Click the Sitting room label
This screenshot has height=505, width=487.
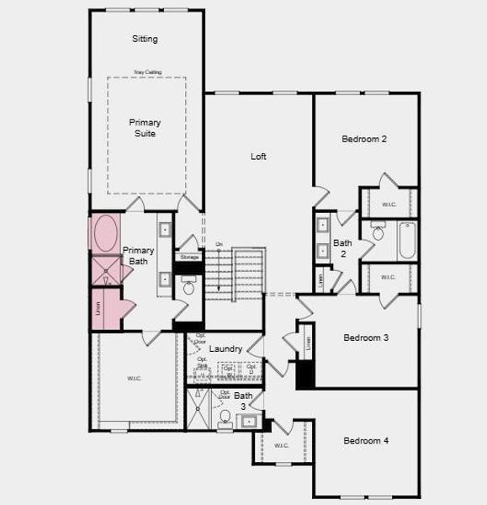pos(145,39)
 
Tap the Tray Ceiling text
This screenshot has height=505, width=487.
pos(147,72)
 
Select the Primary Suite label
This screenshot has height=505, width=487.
pos(145,128)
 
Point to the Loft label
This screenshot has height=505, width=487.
pos(258,156)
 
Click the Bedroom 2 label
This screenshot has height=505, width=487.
pos(364,139)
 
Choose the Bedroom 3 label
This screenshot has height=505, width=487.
pos(366,338)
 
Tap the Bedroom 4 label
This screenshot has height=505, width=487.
pos(366,441)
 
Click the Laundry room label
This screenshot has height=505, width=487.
pos(225,348)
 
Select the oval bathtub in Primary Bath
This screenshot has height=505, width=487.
pos(106,233)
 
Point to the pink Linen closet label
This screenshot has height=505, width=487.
pos(98,309)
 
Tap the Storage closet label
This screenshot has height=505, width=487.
pos(189,257)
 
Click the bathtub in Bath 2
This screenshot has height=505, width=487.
pos(406,240)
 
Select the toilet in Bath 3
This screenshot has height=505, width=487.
pos(225,417)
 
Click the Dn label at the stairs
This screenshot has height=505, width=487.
pos(219,245)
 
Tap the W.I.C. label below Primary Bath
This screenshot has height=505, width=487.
pos(135,379)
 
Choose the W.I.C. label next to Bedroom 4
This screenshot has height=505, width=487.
pos(282,446)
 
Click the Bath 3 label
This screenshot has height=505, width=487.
pos(243,401)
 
